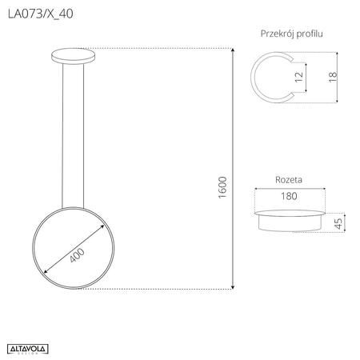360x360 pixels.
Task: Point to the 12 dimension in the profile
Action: click(x=299, y=78)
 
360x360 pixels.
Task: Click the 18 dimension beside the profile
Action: click(x=331, y=78)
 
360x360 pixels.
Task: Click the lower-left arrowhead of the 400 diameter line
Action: click(x=44, y=272)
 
